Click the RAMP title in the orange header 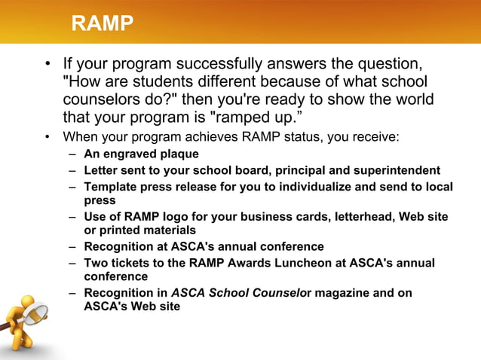tap(103, 24)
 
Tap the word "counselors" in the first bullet tap(100, 99)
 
